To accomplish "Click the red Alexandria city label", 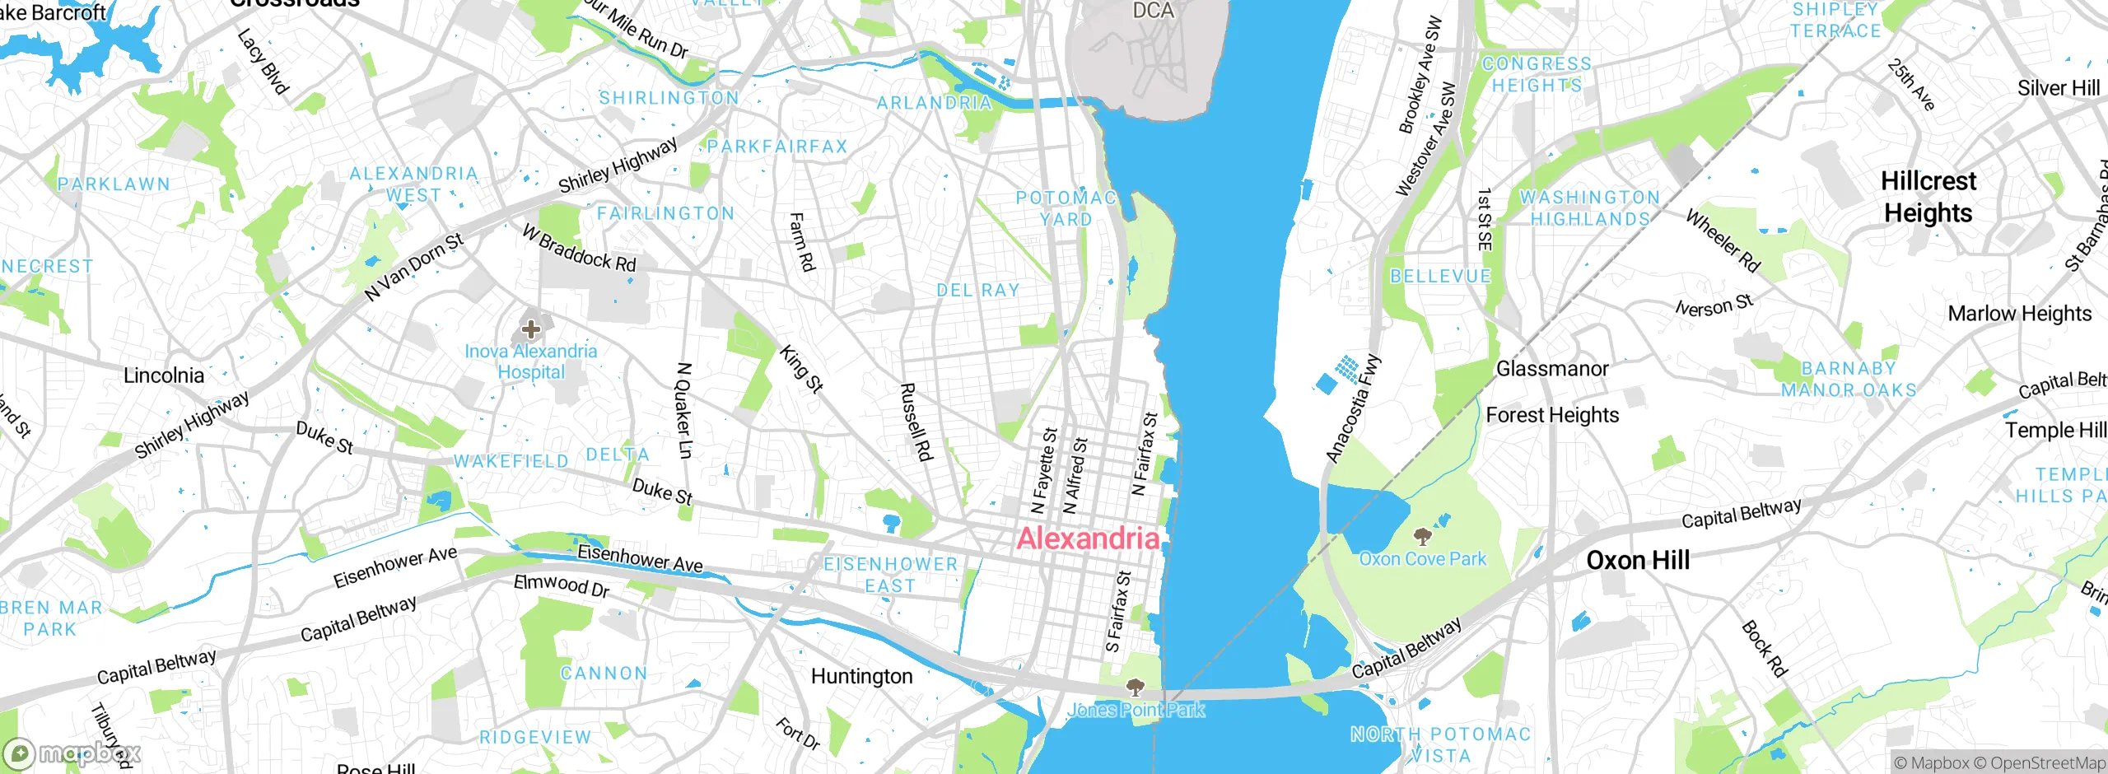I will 1089,539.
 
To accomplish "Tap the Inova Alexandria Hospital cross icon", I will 531,330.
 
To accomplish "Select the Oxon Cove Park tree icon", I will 1422,538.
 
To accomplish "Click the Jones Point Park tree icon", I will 1136,688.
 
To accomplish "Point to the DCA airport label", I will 1153,12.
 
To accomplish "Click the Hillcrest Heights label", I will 1928,197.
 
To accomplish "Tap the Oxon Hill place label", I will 1638,561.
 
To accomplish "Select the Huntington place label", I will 861,677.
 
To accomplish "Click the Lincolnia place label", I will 164,375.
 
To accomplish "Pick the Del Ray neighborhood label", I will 978,291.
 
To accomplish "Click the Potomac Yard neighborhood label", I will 1066,208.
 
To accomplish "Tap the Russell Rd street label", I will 916,421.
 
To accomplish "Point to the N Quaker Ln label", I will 684,410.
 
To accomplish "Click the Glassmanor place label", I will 1551,369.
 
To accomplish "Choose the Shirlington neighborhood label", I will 669,98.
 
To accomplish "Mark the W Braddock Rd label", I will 580,249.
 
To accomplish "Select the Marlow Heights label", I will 2019,314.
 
